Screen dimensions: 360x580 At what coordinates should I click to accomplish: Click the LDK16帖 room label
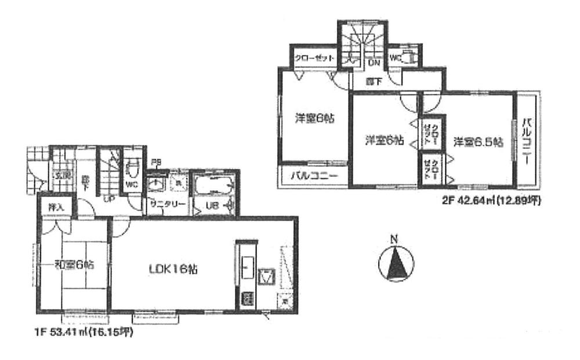(x=174, y=269)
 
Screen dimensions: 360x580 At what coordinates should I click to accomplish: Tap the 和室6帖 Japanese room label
(x=75, y=264)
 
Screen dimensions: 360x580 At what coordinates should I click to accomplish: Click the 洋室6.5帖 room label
(x=478, y=141)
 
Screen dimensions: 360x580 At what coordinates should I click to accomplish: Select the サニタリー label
(x=167, y=204)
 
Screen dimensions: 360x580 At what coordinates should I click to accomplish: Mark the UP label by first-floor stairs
(x=108, y=198)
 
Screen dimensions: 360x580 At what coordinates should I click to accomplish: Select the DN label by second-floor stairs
(x=374, y=63)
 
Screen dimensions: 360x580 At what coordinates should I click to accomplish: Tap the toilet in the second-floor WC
(x=409, y=57)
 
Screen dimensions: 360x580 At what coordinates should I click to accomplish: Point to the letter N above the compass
(x=393, y=238)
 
